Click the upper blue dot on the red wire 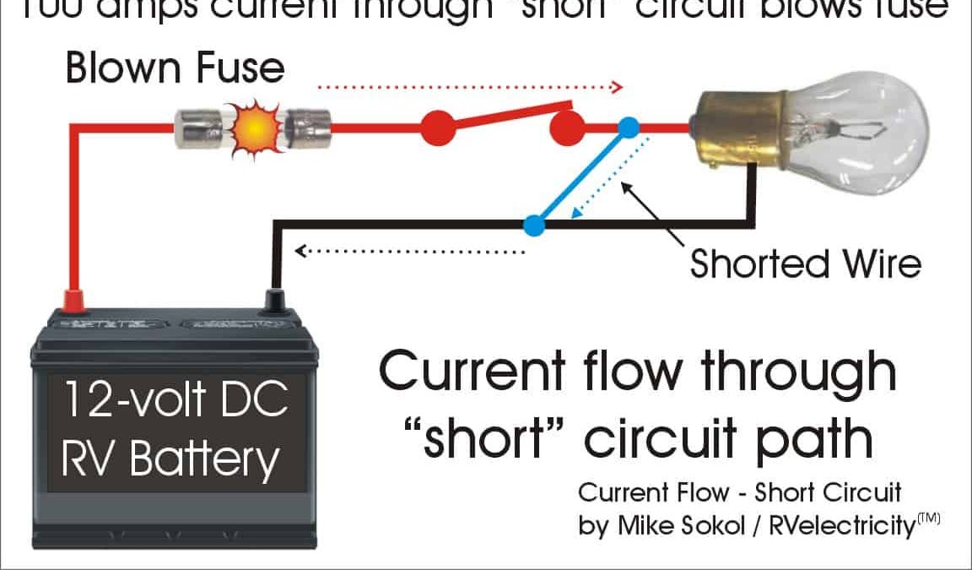click(629, 128)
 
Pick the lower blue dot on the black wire click(533, 225)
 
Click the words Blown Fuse click(175, 68)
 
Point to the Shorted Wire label click(805, 263)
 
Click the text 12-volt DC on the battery click(174, 401)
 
